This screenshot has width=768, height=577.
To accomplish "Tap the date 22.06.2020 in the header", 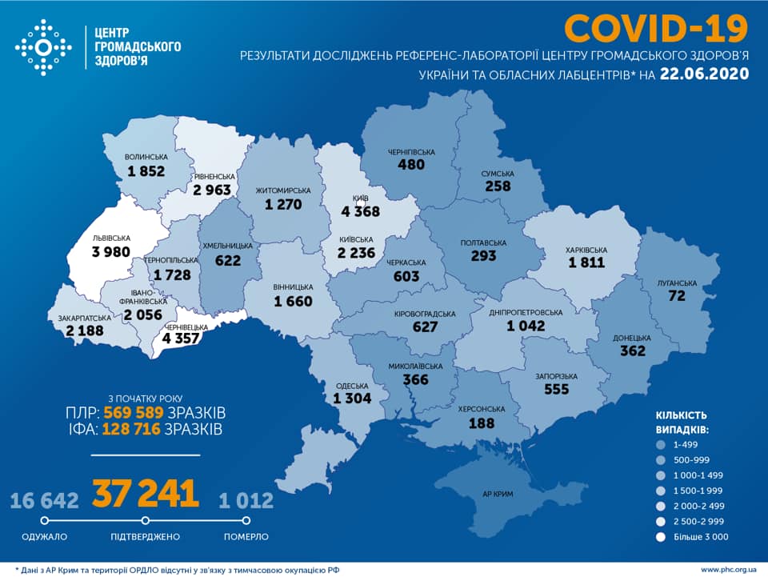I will click(705, 74).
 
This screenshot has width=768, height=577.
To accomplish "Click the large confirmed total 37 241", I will click(145, 494).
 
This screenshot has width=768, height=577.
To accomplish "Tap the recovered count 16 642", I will click(45, 501).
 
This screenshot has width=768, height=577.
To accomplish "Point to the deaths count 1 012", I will click(246, 501).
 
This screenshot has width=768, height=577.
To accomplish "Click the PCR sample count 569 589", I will click(134, 413).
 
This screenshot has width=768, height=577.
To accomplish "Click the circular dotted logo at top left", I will click(43, 47).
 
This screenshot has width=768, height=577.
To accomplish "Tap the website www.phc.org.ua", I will click(727, 569).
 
